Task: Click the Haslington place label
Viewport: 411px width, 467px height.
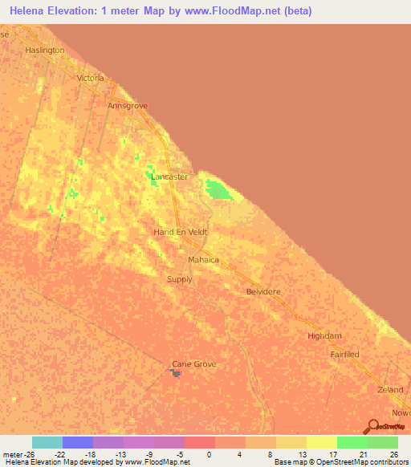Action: tap(44, 50)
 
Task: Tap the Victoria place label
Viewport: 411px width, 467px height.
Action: tap(90, 78)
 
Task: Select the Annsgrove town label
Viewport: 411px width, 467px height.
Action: tap(128, 105)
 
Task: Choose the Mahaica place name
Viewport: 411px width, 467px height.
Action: tap(203, 261)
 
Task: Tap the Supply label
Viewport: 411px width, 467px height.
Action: tap(179, 279)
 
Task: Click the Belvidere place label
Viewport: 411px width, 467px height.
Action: tap(263, 292)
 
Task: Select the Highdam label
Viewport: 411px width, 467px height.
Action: tap(325, 337)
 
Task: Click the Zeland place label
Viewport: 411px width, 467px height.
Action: tap(390, 389)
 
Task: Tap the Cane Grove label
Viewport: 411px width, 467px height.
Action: tap(194, 364)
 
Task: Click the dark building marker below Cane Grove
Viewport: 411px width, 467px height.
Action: tap(177, 373)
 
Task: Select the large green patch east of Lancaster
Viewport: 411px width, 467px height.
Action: tap(218, 190)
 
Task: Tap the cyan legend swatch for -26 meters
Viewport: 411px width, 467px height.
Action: tap(47, 442)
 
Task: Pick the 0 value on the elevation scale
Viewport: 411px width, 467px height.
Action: tap(208, 454)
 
